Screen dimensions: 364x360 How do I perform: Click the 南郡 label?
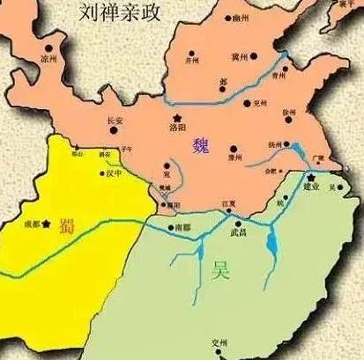click(182, 227)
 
